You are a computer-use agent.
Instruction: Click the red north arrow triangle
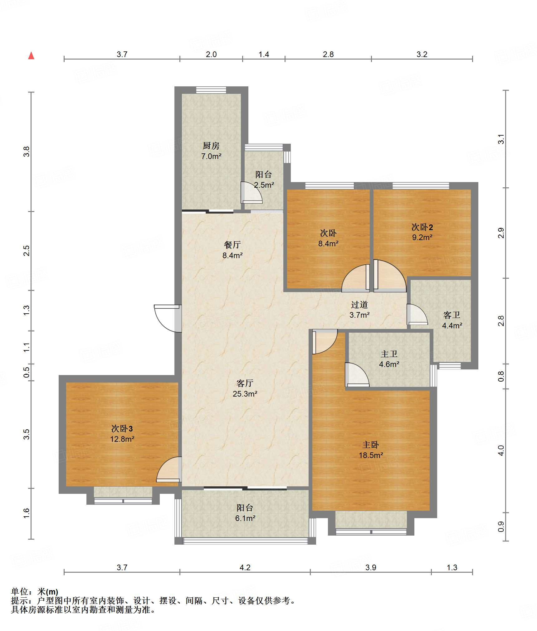[x=31, y=56]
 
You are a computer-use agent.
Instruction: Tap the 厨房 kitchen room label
[x=211, y=146]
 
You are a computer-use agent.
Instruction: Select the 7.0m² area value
[x=211, y=156]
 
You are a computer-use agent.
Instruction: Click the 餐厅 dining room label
[x=232, y=245]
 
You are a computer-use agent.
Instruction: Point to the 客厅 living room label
[x=245, y=383]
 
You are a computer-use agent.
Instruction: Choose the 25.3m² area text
[x=245, y=394]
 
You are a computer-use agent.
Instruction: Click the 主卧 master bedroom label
[x=371, y=445]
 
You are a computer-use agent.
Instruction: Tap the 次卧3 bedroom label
[x=122, y=428]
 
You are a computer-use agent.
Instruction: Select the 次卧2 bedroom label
[x=422, y=227]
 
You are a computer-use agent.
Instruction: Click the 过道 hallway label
[x=359, y=304]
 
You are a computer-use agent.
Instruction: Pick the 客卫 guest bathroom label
[x=452, y=315]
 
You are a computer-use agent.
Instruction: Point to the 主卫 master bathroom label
[x=389, y=354]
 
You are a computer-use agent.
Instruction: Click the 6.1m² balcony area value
[x=245, y=518]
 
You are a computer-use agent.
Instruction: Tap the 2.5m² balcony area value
[x=264, y=185]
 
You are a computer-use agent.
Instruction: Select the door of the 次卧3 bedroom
[x=169, y=469]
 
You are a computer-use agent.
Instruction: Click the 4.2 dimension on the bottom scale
[x=245, y=567]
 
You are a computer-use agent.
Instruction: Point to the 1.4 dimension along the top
[x=264, y=54]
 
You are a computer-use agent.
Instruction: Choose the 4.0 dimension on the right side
[x=501, y=450]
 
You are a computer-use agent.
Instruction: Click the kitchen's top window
[x=211, y=90]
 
